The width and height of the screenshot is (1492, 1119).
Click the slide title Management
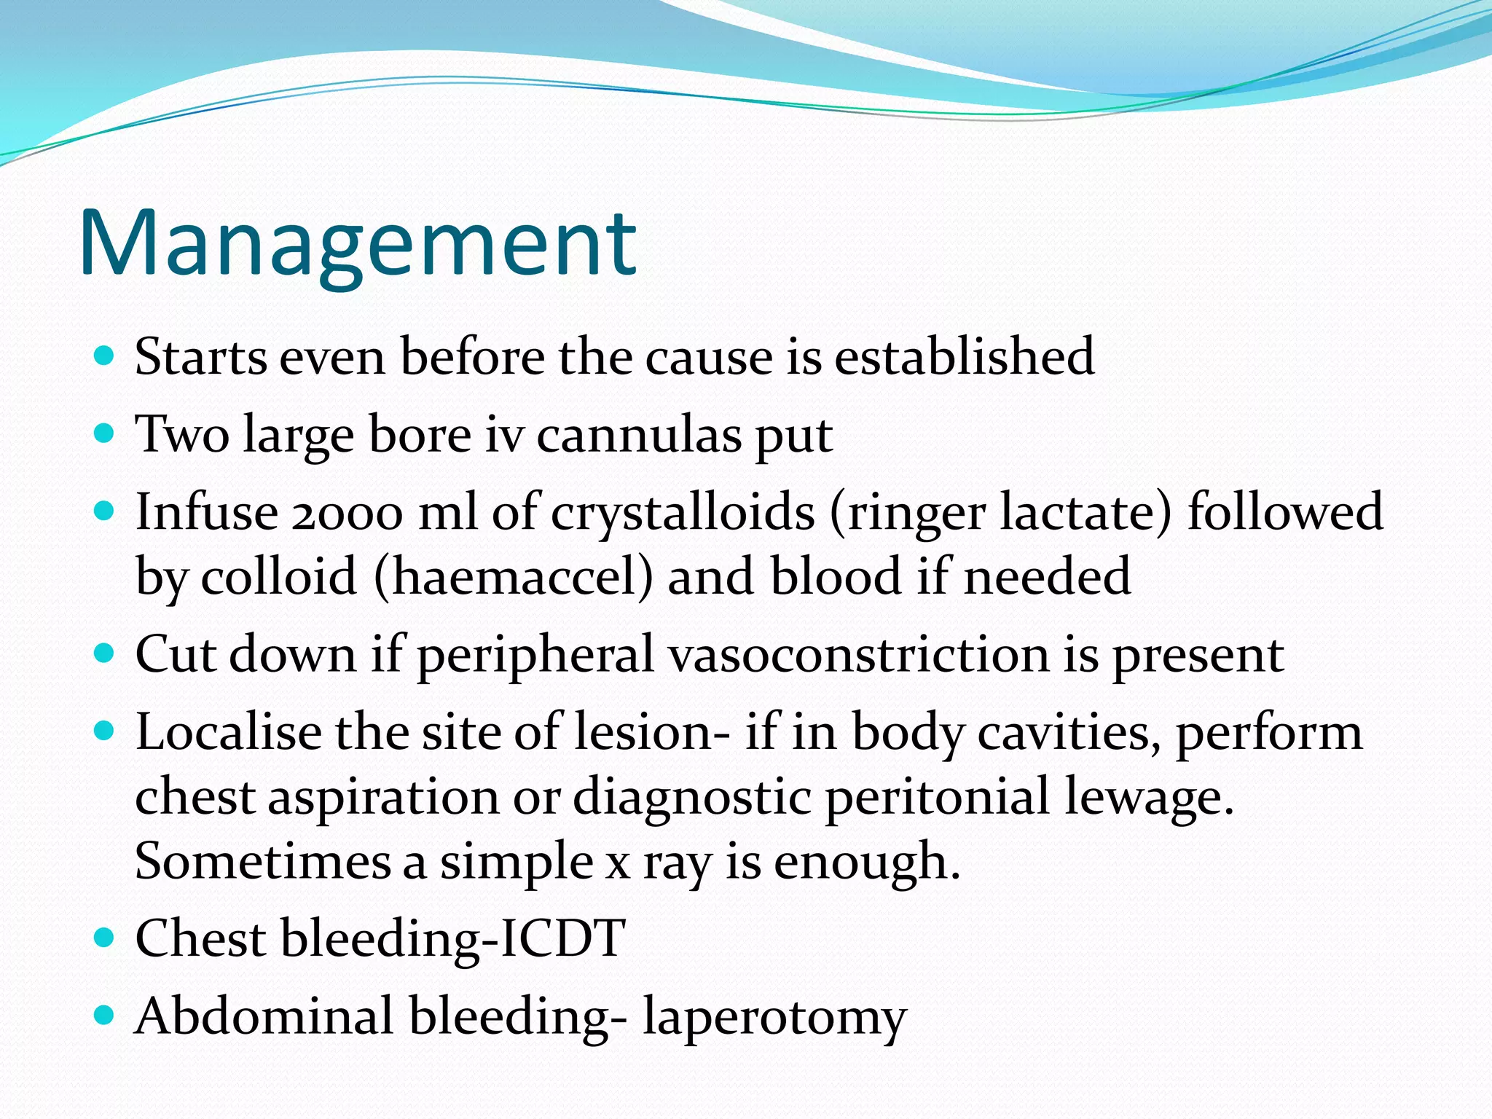pyautogui.click(x=358, y=244)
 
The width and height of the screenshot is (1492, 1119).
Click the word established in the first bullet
pyautogui.click(x=963, y=357)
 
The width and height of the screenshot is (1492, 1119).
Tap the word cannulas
pyautogui.click(x=640, y=435)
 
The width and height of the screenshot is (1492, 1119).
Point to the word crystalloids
pyautogui.click(x=682, y=513)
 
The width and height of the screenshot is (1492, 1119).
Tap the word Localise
pyautogui.click(x=228, y=732)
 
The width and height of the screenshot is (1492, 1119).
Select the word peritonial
pyautogui.click(x=937, y=797)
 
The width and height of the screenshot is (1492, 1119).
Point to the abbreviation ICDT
pyautogui.click(x=562, y=938)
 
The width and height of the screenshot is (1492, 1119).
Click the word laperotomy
pyautogui.click(x=774, y=1017)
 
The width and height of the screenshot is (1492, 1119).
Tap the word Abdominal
pyautogui.click(x=264, y=1016)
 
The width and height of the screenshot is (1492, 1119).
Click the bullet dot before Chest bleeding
pyautogui.click(x=105, y=937)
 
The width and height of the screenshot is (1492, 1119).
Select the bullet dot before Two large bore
pyautogui.click(x=105, y=434)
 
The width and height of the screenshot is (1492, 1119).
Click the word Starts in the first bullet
pyautogui.click(x=200, y=357)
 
